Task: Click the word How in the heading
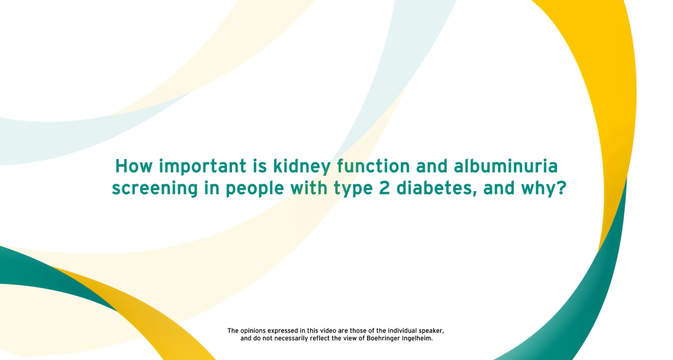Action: pos(134,166)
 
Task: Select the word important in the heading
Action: pos(202,167)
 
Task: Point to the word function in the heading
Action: pos(373,166)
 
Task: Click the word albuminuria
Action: pos(505,166)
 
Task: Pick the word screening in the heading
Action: pos(155,189)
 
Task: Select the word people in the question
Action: pos(255,189)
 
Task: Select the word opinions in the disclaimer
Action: pos(253,331)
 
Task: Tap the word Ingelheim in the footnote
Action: pos(417,339)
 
